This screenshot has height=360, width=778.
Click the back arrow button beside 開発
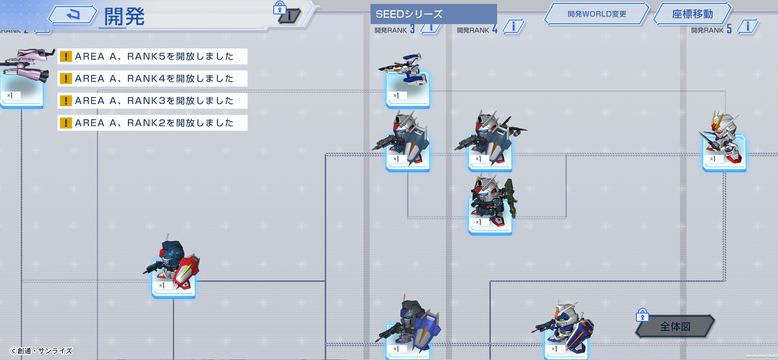73,15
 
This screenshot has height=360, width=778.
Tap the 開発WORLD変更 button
596,14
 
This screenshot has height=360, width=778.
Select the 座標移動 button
692,14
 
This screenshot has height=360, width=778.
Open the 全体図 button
675,326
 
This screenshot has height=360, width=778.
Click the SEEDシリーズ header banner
433,14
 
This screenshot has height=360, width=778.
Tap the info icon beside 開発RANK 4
513,27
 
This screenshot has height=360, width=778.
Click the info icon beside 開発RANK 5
748,27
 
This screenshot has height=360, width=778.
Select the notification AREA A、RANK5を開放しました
153,56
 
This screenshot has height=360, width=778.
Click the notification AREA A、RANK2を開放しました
153,123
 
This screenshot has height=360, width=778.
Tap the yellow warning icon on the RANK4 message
66,79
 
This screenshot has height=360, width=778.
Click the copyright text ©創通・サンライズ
41,351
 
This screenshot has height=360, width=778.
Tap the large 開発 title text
124,16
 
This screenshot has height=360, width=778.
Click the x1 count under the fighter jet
396,96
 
